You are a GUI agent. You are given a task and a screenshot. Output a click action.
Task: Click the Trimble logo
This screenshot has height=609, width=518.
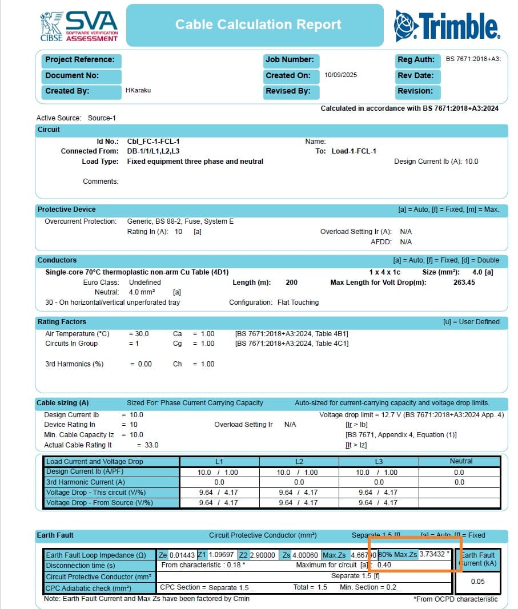point(447,25)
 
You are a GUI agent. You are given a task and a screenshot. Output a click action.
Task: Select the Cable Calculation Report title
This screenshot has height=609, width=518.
point(258,25)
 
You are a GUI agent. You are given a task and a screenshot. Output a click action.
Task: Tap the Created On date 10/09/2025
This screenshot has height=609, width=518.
point(341,75)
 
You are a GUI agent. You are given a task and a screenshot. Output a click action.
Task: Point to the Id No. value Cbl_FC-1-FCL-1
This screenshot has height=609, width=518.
point(157,141)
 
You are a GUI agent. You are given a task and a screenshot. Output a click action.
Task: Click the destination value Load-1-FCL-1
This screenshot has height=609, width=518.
point(354,151)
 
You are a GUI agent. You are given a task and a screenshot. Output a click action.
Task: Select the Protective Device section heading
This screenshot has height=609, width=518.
point(67,209)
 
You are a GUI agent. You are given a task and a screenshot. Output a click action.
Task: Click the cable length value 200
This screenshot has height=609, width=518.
point(291,283)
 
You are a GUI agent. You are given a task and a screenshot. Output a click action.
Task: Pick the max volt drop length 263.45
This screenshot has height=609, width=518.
point(463,283)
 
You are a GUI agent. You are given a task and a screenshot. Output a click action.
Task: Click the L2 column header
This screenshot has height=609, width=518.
point(299,461)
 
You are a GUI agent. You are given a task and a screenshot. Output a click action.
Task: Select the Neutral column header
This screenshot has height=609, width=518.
point(461,461)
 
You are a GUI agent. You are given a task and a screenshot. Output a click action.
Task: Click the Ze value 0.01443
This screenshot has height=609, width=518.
point(183,555)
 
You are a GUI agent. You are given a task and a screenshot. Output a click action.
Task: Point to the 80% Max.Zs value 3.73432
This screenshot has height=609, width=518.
point(434,554)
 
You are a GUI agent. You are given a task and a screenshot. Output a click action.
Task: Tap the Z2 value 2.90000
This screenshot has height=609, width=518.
point(263,555)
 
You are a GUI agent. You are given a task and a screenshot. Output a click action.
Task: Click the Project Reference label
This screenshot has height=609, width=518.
point(79,60)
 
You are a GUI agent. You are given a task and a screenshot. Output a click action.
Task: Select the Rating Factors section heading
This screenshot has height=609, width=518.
point(62,322)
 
